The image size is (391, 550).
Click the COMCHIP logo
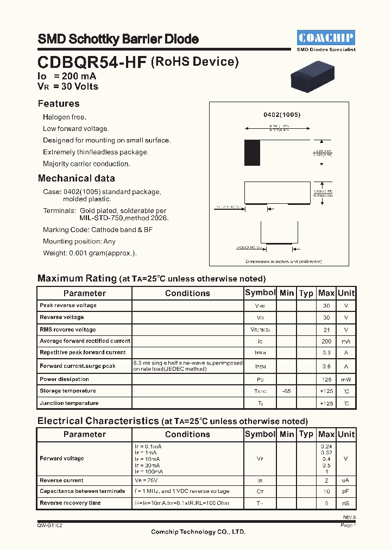326,37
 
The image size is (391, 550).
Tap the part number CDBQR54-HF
92,62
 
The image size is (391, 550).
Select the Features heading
59,104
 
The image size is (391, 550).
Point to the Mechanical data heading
76,178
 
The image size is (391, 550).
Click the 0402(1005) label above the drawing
282,115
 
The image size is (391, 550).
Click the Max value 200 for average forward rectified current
326,341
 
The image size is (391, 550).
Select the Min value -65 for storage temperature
286,391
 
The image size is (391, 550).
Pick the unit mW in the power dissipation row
346,379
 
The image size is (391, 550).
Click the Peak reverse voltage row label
68,305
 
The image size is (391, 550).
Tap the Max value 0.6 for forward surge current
326,366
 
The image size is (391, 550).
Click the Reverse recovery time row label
70,503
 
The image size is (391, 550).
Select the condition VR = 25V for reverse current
147,480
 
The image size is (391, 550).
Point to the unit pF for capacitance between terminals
346,491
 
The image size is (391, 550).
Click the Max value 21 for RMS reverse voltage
326,329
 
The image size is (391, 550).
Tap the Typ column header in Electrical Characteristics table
306,434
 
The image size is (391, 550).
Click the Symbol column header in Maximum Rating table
260,293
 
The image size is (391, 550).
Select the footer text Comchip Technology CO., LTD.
198,532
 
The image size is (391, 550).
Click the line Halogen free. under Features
65,117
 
